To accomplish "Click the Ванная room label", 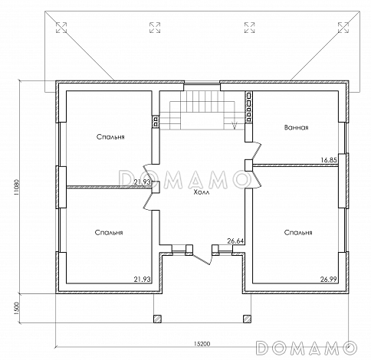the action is pyautogui.click(x=296, y=127).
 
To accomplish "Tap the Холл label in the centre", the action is pyautogui.click(x=202, y=192).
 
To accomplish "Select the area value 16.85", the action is pyautogui.click(x=329, y=160).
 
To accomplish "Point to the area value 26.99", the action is pyautogui.click(x=329, y=279).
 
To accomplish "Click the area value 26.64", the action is pyautogui.click(x=235, y=241).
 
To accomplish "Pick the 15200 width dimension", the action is pyautogui.click(x=202, y=344).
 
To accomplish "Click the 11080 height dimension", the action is pyautogui.click(x=17, y=188).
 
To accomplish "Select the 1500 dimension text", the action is pyautogui.click(x=17, y=308).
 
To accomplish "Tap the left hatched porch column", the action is pyautogui.click(x=157, y=319).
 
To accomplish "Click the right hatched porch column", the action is pyautogui.click(x=247, y=319).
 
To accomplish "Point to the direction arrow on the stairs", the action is pyautogui.click(x=234, y=126).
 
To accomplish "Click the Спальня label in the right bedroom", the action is pyautogui.click(x=298, y=233).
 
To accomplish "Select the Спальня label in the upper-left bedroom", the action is pyautogui.click(x=110, y=137).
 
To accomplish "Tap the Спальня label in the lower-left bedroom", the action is pyautogui.click(x=109, y=233).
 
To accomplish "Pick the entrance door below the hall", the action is pyautogui.click(x=202, y=258).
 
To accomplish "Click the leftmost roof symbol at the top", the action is pyautogui.click(x=61, y=28).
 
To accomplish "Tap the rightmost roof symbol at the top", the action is pyautogui.click(x=343, y=28).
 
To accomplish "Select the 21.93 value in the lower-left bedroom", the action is pyautogui.click(x=143, y=279).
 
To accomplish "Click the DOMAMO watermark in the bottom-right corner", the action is pyautogui.click(x=307, y=348).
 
